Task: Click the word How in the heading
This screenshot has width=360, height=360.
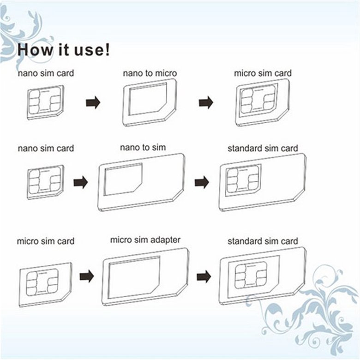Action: click(x=36, y=49)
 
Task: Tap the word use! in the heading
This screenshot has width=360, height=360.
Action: click(x=92, y=49)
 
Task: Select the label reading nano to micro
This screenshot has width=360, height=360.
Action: click(x=150, y=73)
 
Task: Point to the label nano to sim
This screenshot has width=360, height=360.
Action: click(x=143, y=147)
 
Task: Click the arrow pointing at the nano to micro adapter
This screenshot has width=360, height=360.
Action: click(x=93, y=102)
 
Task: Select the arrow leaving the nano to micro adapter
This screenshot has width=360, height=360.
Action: click(x=206, y=102)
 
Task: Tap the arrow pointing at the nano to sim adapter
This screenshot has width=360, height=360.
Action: click(x=81, y=182)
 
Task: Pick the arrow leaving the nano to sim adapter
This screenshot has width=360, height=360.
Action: click(x=202, y=182)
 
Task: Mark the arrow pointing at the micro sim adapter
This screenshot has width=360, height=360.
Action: click(x=87, y=276)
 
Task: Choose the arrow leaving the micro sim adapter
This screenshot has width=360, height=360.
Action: click(x=204, y=276)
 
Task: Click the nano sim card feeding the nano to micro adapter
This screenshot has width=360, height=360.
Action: click(x=45, y=102)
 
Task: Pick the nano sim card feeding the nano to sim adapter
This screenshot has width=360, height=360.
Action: click(x=45, y=182)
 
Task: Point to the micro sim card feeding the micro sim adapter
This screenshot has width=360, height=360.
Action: click(x=45, y=285)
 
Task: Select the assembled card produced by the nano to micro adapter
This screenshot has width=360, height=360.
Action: click(x=263, y=102)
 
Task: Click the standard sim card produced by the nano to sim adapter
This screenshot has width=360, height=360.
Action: click(x=263, y=182)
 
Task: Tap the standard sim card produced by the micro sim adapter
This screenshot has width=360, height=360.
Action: click(x=263, y=276)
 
